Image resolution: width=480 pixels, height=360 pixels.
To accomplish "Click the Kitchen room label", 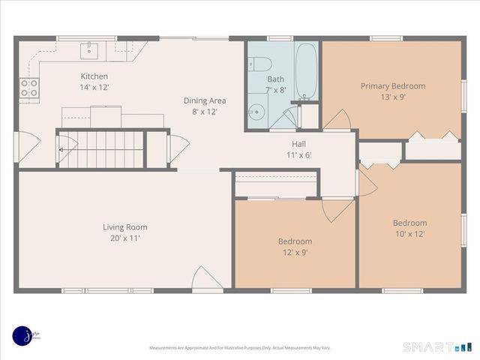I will pyautogui.click(x=94, y=76).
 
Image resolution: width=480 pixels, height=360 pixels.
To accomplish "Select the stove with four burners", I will pyautogui.click(x=29, y=89).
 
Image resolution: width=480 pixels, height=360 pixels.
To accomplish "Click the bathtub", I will pyautogui.click(x=306, y=72).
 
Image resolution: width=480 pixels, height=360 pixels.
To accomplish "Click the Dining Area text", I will pyautogui.click(x=205, y=100).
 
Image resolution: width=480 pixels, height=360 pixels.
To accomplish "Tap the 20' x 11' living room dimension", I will pyautogui.click(x=124, y=238).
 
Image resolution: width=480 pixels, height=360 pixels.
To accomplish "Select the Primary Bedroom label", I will pyautogui.click(x=392, y=86).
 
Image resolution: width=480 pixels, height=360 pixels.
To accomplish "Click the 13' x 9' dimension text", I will pyautogui.click(x=392, y=97).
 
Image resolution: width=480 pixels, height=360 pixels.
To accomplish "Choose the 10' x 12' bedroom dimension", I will pyautogui.click(x=409, y=233).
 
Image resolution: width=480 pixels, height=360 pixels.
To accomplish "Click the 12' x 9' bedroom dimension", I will pyautogui.click(x=295, y=252).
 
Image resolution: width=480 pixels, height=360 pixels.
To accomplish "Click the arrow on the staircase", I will pyautogui.click(x=61, y=148).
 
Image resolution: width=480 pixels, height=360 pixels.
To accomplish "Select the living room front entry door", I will pyautogui.click(x=206, y=279).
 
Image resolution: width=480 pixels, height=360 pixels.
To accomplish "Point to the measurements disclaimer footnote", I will pyautogui.click(x=240, y=348).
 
